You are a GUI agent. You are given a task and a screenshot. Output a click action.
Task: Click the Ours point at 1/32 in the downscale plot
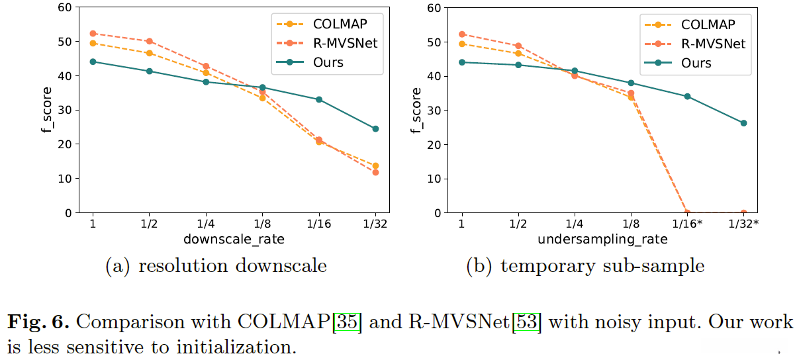(x=375, y=128)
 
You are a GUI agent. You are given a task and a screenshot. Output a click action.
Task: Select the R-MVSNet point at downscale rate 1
(x=93, y=33)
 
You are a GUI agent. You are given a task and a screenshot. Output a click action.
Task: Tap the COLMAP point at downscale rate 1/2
(x=150, y=53)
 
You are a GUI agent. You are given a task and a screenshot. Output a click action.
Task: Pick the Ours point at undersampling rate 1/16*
(x=687, y=96)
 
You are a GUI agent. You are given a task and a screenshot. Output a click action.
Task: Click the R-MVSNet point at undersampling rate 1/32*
(x=743, y=212)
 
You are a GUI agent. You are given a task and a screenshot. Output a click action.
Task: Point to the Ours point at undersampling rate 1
(x=461, y=62)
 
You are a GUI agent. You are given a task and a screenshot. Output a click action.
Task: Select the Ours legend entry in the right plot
(x=696, y=63)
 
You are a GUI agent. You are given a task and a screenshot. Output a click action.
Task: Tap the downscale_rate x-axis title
(x=234, y=240)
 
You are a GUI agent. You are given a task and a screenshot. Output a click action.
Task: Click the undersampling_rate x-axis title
(x=602, y=240)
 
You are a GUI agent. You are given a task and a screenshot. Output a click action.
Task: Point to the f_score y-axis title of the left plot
(x=46, y=110)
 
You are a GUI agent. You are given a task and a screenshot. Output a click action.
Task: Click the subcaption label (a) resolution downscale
(x=216, y=266)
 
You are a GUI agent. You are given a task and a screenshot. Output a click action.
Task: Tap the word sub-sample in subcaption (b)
(x=662, y=266)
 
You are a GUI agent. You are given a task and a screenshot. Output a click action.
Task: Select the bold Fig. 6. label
(x=38, y=323)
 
